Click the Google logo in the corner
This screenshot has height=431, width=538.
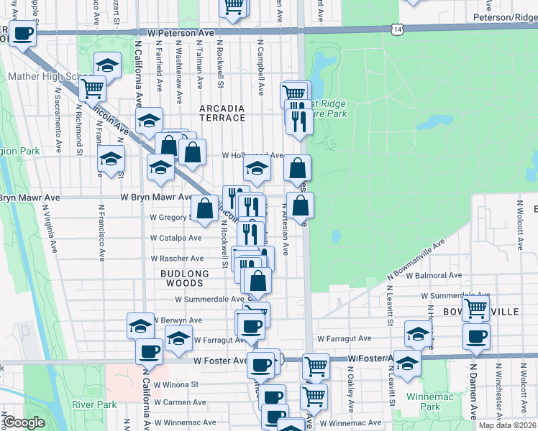[x=24, y=423]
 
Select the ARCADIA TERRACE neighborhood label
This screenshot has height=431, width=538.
[x=222, y=113]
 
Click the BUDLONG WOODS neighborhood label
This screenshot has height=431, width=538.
[x=185, y=279]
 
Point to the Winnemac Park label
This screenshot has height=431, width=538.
[x=423, y=402]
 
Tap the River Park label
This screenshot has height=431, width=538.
[x=94, y=404]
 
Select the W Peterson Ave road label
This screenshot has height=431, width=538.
[x=181, y=33]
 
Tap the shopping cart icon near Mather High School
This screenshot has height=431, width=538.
[x=92, y=89]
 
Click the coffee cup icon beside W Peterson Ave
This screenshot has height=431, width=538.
[x=23, y=34]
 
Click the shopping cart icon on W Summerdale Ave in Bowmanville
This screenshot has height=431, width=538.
[x=475, y=308]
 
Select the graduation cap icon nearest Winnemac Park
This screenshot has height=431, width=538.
[x=407, y=363]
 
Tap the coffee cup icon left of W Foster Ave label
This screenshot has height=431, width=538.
[x=149, y=352]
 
